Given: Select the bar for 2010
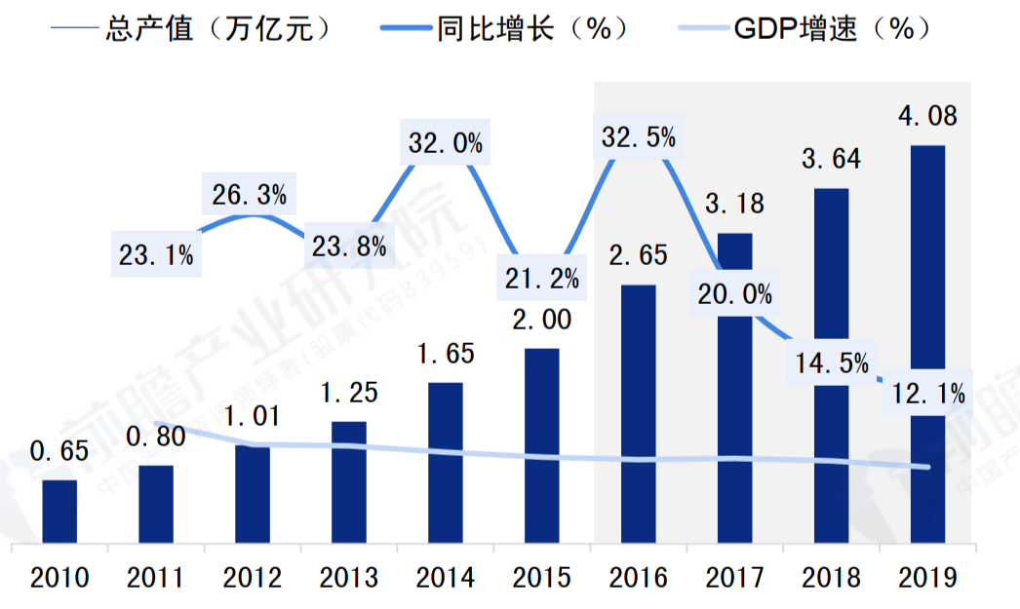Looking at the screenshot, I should pos(59,511).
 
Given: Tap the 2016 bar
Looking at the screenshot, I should pos(638,413).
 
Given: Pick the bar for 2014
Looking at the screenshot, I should pos(446,462).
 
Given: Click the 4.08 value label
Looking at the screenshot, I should pos(927,117).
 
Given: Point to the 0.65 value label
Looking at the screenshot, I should pos(59,452).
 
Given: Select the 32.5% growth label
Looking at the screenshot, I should pos(638,137).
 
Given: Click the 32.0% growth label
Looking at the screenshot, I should pos(445,143).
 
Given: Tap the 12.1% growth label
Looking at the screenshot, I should pos(927,394).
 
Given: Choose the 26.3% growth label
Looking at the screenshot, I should pos(250,195).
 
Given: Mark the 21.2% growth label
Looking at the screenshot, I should pos(541,279).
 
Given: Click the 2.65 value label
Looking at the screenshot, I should pos(638,256).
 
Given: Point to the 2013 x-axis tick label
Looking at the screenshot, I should pos(349,578).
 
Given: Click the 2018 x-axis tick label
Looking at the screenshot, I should pos(831,578).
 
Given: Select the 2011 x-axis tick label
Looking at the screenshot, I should pos(156,578).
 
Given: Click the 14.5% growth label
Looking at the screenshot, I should pos(831,362).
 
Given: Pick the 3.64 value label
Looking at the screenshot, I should pos(831,159).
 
